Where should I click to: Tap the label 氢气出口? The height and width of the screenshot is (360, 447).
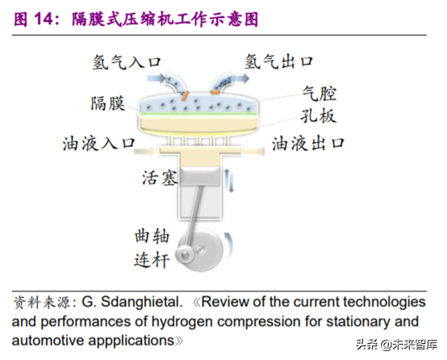(278, 61)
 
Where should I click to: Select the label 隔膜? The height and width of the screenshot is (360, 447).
(109, 103)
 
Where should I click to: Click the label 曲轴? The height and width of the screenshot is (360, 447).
(152, 237)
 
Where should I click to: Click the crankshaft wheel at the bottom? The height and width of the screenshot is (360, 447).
(207, 250)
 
